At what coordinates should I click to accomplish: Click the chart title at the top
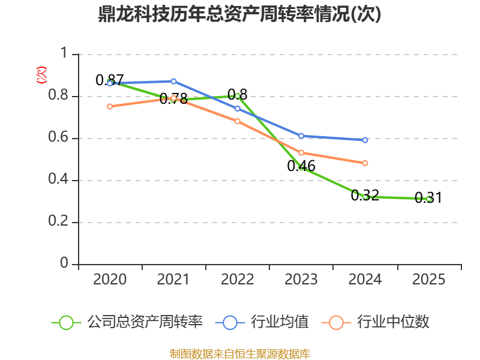239,14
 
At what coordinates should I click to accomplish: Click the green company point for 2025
428,199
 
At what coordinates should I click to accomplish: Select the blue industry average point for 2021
173,81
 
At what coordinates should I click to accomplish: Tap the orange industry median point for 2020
110,106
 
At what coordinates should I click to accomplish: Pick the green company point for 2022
238,96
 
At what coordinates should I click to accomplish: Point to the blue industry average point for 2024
365,140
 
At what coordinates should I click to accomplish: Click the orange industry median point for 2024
365,163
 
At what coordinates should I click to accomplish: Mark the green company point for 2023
301,167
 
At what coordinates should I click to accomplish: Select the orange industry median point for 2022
238,121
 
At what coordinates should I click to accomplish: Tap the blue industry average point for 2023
301,136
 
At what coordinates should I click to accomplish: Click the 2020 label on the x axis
110,280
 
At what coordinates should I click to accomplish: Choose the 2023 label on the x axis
301,280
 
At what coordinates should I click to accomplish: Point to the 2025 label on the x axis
428,280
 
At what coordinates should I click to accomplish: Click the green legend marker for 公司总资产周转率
67,322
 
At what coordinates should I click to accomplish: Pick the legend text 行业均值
280,322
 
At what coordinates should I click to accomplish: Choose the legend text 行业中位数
394,322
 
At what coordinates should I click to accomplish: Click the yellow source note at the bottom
239,353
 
